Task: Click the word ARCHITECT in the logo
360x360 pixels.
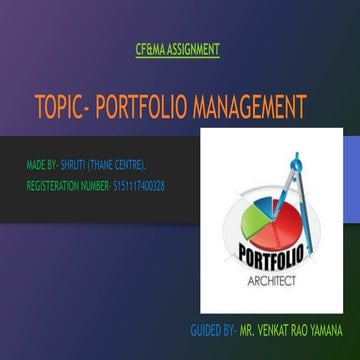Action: click(x=272, y=283)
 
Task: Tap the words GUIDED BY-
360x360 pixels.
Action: click(x=214, y=328)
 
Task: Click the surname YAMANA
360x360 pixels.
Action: click(x=326, y=328)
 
